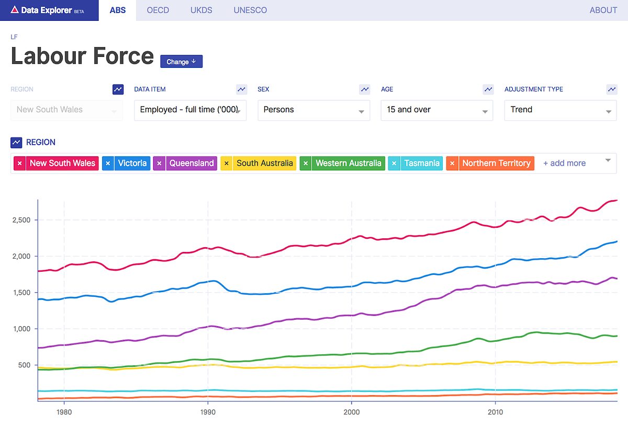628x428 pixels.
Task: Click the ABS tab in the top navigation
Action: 117,10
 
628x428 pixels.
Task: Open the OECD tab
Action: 158,10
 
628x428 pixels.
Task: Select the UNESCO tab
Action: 250,10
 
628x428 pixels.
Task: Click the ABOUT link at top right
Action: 603,10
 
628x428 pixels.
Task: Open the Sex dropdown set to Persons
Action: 313,110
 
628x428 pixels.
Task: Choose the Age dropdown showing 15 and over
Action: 437,110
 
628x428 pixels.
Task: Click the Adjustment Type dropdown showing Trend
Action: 560,110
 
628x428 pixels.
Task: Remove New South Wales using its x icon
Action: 19,164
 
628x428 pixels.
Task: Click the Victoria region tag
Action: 132,164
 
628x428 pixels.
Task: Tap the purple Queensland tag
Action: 191,164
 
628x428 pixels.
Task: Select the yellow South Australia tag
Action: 264,164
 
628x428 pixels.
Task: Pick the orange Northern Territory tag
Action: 496,164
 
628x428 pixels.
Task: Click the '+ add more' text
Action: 564,164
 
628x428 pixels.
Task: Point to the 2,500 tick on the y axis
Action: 21,220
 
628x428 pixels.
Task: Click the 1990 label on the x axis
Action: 208,412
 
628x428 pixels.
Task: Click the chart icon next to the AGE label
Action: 488,89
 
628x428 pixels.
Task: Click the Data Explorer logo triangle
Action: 15,10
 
